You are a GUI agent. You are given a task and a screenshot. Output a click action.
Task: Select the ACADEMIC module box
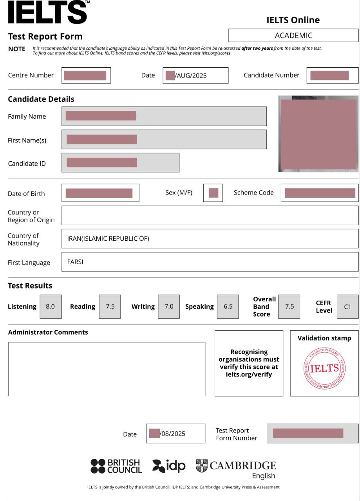293,36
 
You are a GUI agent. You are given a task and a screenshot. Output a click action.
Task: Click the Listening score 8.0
51,306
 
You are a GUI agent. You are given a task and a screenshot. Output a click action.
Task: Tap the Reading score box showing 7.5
110,306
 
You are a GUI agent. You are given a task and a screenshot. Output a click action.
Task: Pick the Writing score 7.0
169,306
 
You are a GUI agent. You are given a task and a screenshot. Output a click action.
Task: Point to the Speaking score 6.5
228,306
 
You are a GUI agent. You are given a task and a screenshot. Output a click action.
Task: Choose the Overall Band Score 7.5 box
289,306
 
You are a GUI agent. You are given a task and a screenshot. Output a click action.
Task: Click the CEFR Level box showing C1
347,307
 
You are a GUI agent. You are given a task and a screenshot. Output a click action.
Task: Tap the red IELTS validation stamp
324,368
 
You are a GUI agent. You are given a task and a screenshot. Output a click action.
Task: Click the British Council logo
116,466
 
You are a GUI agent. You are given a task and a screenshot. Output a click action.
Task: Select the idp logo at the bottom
169,466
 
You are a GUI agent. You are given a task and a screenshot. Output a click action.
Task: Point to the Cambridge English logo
236,469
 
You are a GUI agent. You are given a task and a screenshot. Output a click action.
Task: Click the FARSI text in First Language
75,262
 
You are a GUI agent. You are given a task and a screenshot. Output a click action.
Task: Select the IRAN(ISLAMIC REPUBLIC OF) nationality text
108,238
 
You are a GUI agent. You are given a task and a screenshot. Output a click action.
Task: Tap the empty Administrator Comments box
107,369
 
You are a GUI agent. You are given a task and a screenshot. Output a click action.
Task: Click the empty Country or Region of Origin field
210,215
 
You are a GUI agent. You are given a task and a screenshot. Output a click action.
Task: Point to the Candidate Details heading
41,99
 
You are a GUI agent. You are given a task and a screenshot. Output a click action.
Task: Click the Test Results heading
30,286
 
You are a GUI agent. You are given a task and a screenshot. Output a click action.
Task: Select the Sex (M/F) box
213,193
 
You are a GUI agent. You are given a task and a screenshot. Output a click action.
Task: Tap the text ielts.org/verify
249,375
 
